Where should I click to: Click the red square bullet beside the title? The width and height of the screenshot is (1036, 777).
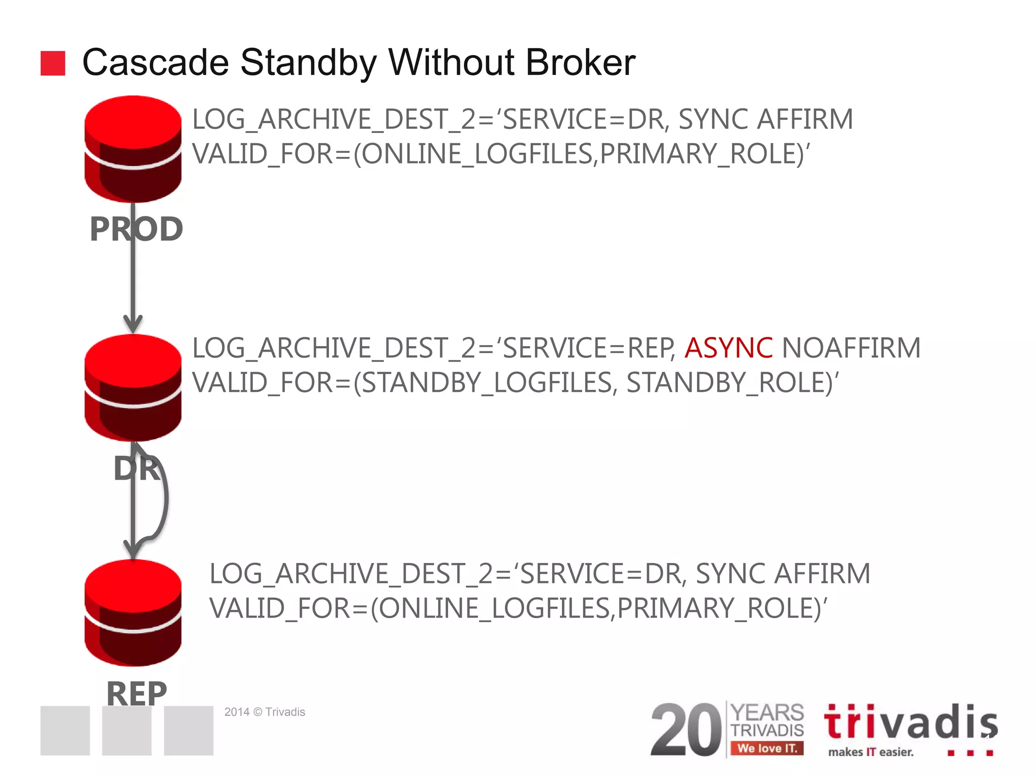coord(53,63)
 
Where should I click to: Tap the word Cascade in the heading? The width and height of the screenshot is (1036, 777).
coord(156,63)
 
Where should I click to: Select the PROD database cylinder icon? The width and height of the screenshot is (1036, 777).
coord(133,149)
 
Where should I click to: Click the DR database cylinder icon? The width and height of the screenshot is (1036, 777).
coord(133,387)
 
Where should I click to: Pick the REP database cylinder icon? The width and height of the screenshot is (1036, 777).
coord(133,613)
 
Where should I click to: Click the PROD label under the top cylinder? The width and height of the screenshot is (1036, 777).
coord(136,229)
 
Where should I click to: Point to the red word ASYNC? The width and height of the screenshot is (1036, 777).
coord(728,348)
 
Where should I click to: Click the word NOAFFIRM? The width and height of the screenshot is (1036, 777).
coord(851,348)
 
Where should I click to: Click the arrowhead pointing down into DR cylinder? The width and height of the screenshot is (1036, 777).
coord(133,324)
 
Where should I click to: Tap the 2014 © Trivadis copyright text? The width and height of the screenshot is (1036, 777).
coord(265,712)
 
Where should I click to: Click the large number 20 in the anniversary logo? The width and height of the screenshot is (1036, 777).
coord(686,729)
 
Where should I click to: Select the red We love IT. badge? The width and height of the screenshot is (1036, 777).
coord(767,748)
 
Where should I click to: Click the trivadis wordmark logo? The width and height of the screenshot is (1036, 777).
coord(911,722)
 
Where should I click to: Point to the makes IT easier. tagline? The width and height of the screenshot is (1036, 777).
coord(871,752)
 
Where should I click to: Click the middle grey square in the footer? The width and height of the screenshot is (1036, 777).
coord(126,730)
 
